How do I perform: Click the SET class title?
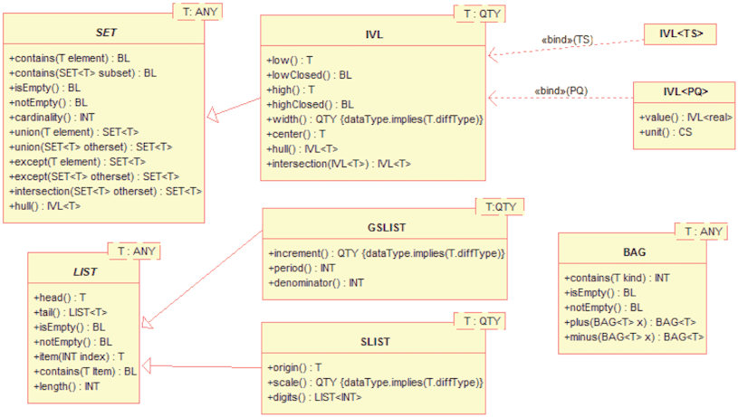106,33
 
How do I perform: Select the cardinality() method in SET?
52,117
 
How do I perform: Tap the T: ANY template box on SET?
197,12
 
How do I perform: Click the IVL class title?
374,34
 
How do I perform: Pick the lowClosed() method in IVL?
309,75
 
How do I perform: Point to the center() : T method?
296,134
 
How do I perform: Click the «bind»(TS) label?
567,40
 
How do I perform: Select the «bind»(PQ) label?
561,90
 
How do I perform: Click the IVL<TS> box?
680,33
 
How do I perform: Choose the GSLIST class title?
387,228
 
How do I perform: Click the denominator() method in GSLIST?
316,282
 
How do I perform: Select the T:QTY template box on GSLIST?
500,207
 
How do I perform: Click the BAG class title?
635,252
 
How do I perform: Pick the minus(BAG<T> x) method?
634,336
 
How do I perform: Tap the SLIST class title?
375,342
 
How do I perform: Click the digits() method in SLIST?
314,397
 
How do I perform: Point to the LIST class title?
85,272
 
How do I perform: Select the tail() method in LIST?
70,312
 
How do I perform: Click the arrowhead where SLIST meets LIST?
147,365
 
